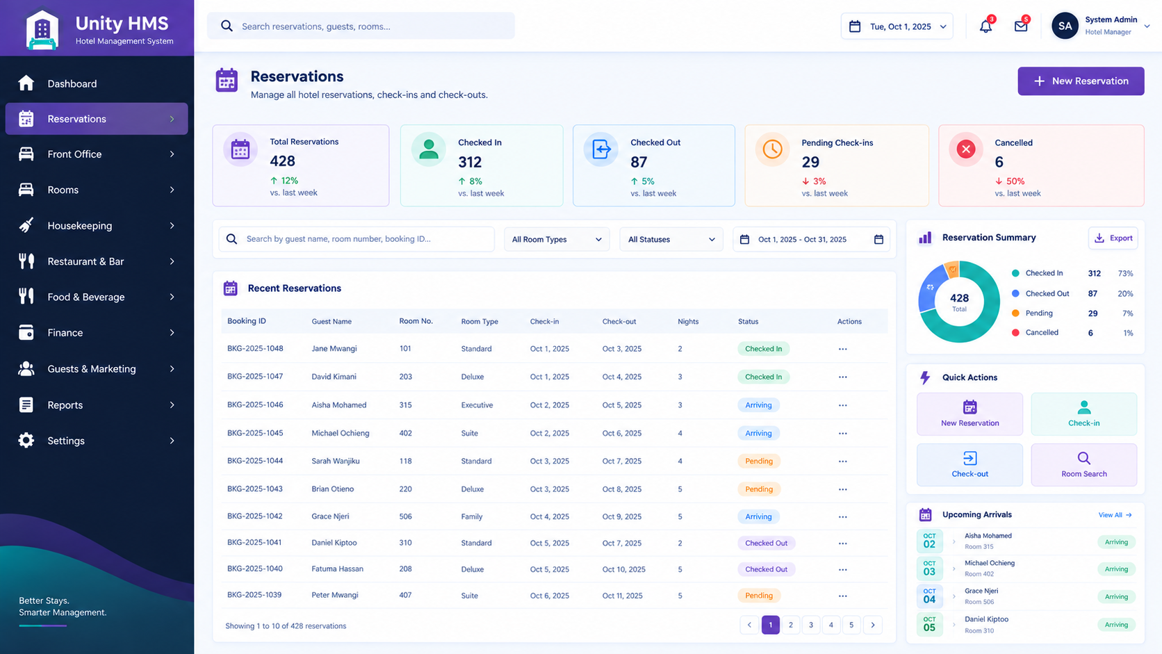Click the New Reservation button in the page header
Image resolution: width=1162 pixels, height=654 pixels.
[x=1081, y=81]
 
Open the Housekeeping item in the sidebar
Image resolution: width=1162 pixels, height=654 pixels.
[x=97, y=226]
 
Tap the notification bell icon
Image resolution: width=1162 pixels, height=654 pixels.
[x=985, y=26]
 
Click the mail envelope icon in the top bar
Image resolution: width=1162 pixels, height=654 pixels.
[x=1021, y=26]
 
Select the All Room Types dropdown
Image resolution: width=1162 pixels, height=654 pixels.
[x=557, y=240]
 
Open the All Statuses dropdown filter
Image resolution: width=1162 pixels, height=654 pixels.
[x=671, y=240]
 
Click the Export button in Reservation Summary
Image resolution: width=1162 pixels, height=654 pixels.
[x=1113, y=238]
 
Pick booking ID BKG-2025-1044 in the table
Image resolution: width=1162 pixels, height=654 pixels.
[x=255, y=461]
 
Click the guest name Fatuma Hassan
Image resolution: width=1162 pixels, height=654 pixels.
[x=337, y=569]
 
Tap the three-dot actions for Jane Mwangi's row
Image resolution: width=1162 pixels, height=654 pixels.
[x=842, y=349]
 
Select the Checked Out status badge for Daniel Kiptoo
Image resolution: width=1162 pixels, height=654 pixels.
[x=766, y=543]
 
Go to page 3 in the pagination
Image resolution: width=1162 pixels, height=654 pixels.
[x=811, y=625]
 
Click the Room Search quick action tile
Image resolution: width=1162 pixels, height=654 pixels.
[x=1083, y=465]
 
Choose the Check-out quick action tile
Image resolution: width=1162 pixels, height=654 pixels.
[x=969, y=465]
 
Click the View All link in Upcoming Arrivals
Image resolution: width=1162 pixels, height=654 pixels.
[x=1115, y=515]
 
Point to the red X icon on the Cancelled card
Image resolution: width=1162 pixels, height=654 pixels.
[x=966, y=149]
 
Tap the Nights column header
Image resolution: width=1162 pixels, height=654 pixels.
[x=688, y=322]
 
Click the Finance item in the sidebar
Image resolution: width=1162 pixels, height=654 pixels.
[x=97, y=332]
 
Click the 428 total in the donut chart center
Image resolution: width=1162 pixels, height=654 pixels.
[x=959, y=298]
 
